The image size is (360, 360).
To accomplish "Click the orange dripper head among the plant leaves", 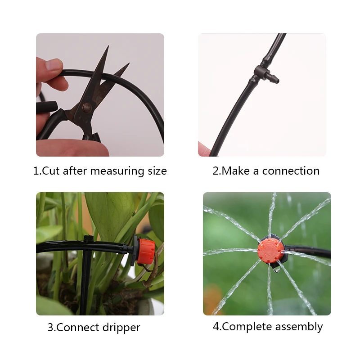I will pyautogui.click(x=145, y=251).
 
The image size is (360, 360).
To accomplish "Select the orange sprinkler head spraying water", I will pyautogui.click(x=270, y=250).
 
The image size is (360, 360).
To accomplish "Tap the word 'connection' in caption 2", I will pyautogui.click(x=291, y=171).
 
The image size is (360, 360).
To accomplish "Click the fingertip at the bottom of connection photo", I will pyautogui.click(x=204, y=149).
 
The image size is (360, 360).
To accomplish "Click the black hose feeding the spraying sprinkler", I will pyautogui.click(x=310, y=251).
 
